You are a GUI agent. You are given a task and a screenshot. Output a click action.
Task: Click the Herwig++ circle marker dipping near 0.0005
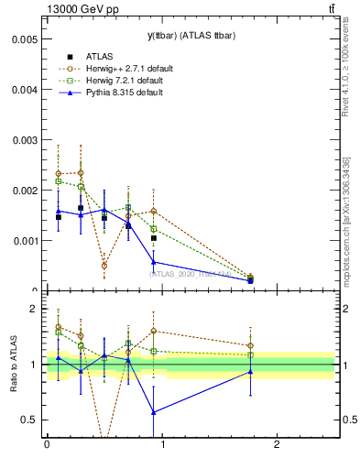[x=104, y=266]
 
